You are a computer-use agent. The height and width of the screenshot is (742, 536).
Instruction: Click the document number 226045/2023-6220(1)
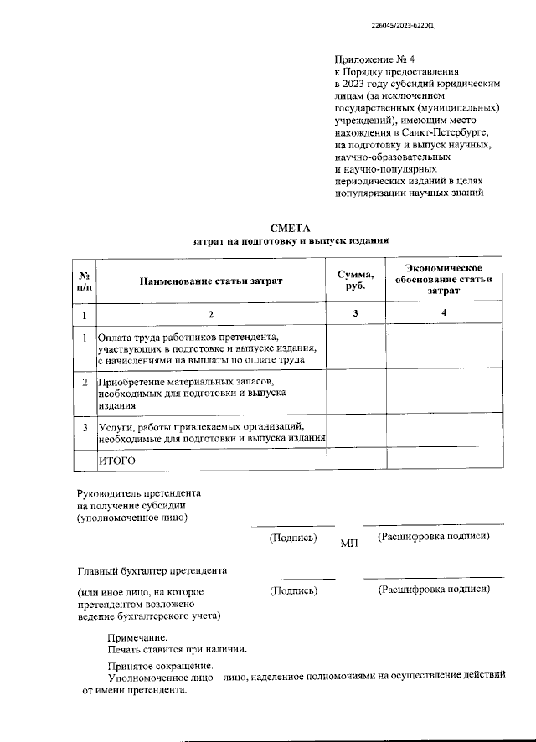click(x=408, y=24)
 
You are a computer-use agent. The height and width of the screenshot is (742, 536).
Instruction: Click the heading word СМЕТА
click(x=290, y=228)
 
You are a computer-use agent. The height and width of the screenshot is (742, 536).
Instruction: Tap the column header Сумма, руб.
click(x=355, y=281)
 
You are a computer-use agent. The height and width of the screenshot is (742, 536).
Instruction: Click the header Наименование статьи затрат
click(x=211, y=281)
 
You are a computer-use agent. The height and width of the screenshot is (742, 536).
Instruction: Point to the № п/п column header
click(x=85, y=281)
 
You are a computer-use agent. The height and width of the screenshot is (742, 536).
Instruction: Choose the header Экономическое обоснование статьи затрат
click(x=444, y=279)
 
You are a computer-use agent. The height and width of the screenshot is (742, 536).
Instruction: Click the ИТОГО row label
click(x=117, y=461)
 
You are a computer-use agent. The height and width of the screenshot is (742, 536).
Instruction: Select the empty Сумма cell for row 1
click(x=355, y=347)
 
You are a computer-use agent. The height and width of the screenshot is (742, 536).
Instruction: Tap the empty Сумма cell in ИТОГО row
click(x=355, y=461)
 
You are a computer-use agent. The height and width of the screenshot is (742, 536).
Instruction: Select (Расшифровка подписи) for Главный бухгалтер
click(x=434, y=590)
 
